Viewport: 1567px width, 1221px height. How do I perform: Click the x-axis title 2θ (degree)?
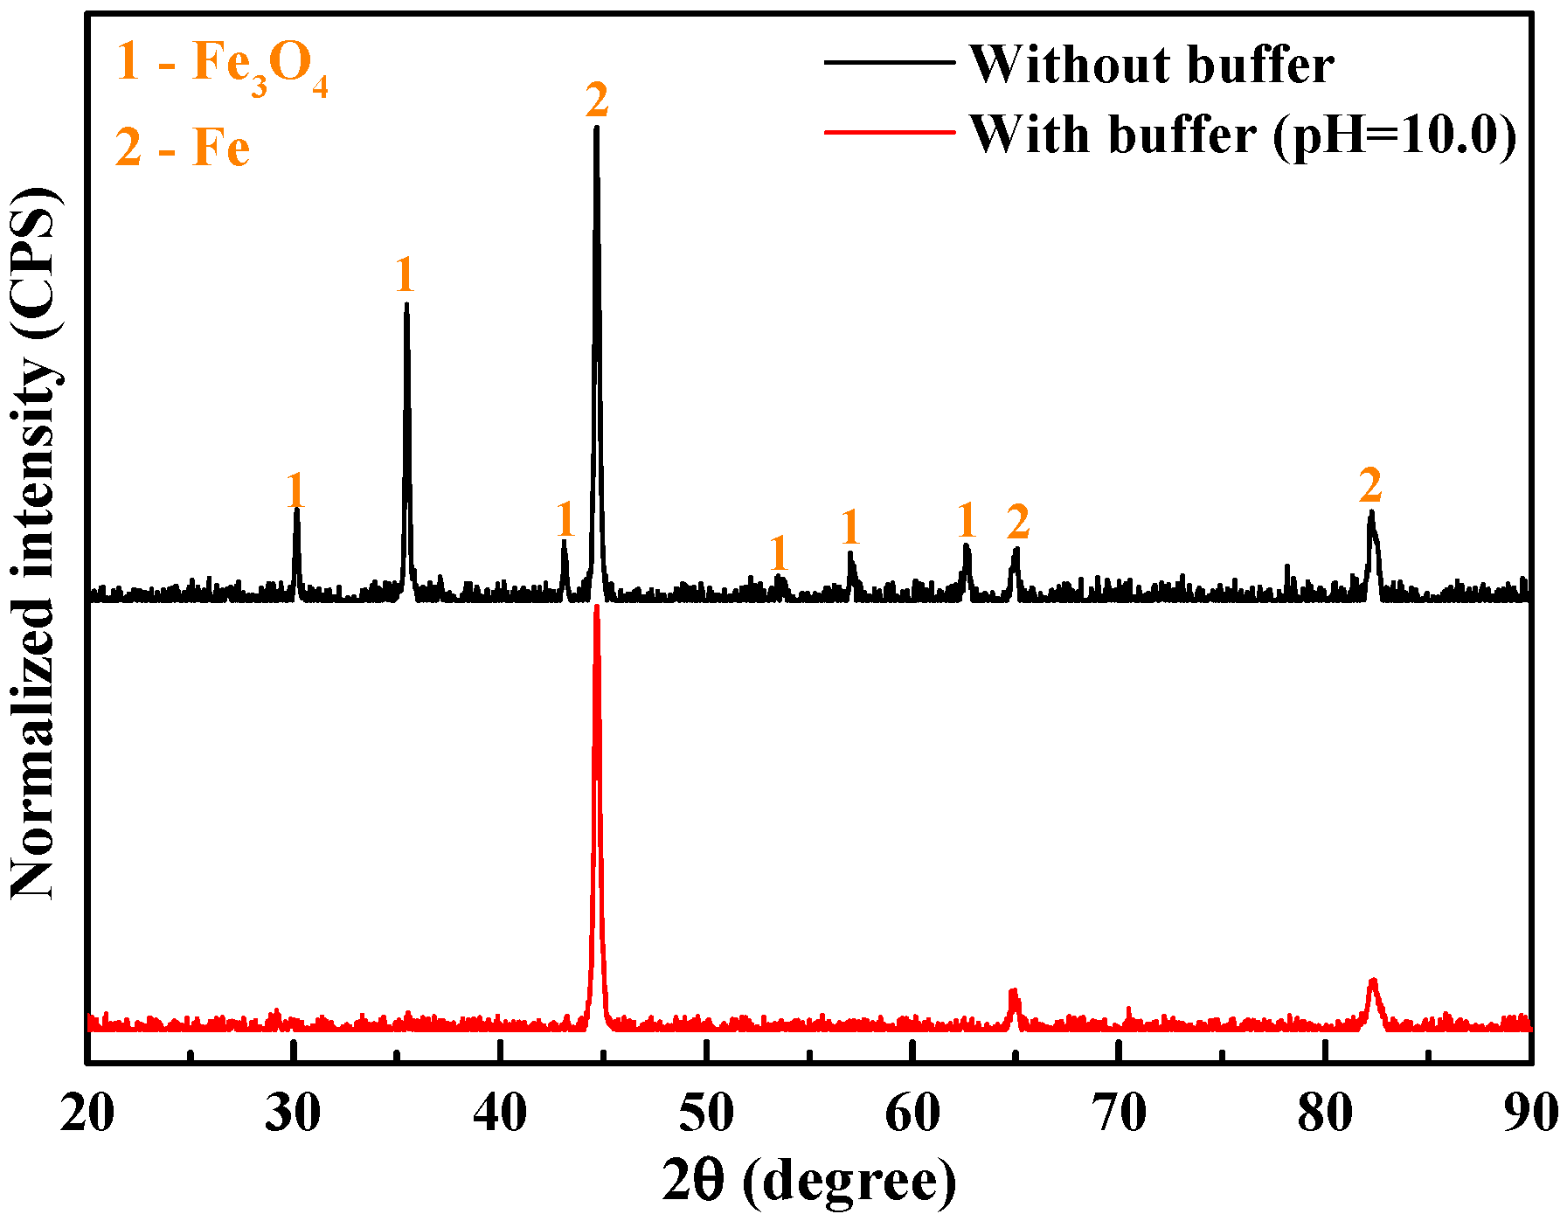[809, 1182]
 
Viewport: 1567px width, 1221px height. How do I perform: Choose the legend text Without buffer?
[1152, 65]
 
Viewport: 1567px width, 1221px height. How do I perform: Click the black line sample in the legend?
[890, 62]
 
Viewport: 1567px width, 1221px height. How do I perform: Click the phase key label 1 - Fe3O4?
[222, 66]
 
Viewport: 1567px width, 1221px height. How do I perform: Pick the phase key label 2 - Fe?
[183, 147]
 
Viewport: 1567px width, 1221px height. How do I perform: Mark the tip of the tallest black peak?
[596, 128]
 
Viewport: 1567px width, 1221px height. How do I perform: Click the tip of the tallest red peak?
[597, 606]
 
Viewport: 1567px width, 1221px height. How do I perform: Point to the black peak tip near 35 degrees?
[406, 304]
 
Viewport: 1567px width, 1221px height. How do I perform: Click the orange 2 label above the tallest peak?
[597, 101]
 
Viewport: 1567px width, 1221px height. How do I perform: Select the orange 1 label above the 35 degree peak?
[404, 276]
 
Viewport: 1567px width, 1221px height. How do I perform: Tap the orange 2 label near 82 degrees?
[1370, 485]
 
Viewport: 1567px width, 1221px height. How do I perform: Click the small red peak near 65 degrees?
[1014, 992]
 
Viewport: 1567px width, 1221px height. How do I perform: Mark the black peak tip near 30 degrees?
[297, 508]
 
